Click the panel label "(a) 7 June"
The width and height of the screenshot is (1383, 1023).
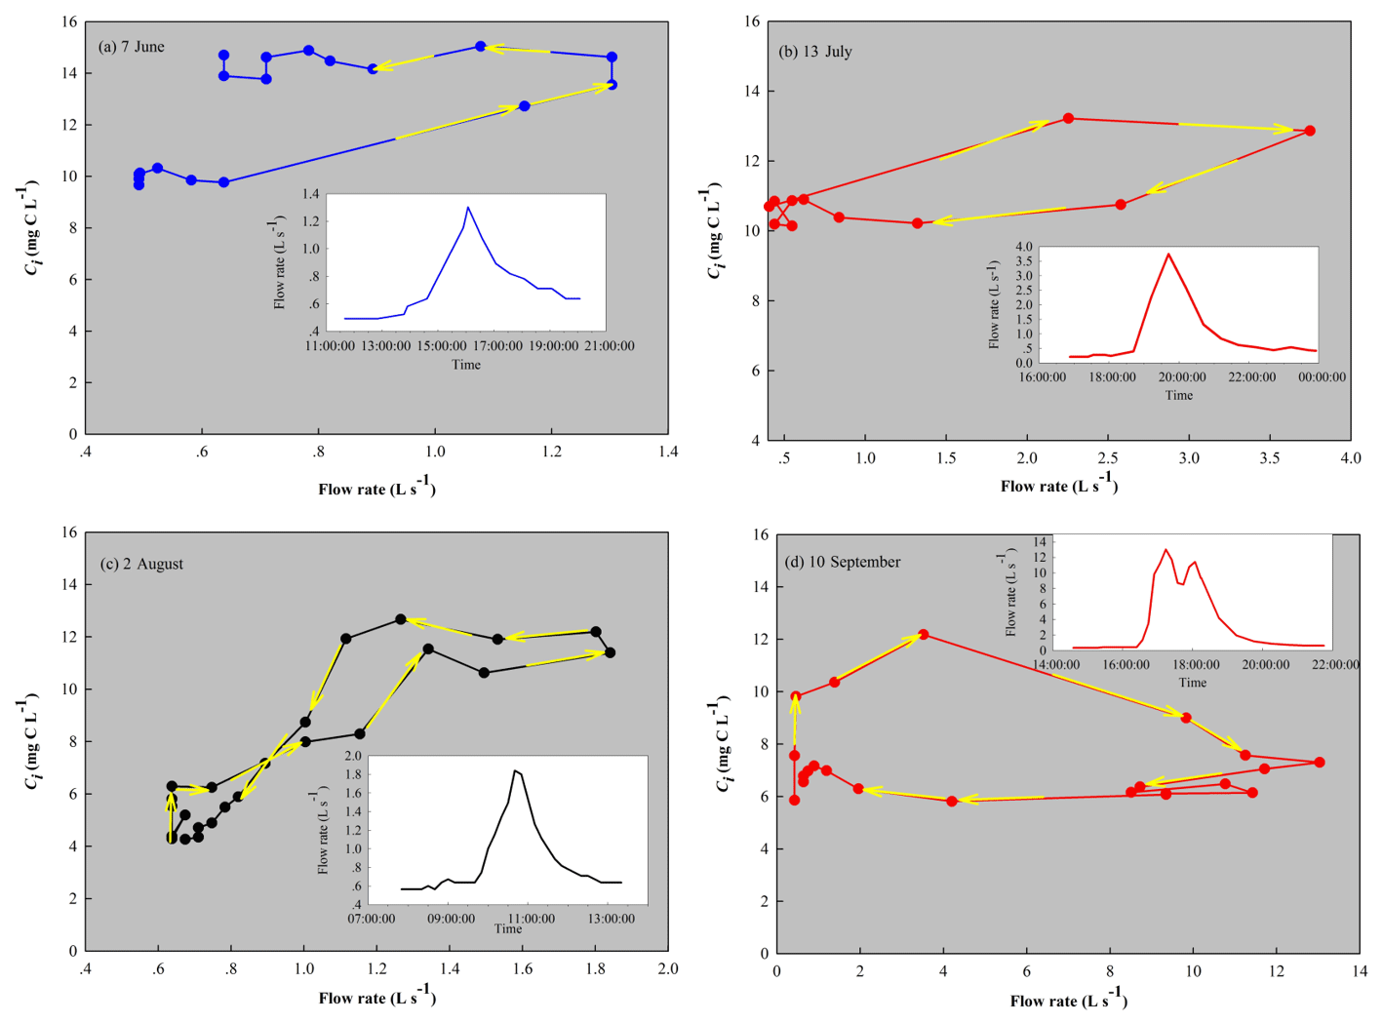click(x=132, y=47)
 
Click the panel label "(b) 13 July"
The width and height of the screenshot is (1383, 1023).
click(x=815, y=52)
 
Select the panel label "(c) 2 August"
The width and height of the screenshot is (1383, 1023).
click(x=141, y=564)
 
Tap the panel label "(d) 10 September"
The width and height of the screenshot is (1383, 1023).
click(x=843, y=562)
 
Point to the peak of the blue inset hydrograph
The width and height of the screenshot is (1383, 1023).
click(x=468, y=207)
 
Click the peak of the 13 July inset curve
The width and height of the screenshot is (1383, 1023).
click(x=1168, y=254)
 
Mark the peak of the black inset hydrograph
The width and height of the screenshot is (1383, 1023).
click(x=515, y=770)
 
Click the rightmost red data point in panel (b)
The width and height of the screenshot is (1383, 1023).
click(x=1310, y=131)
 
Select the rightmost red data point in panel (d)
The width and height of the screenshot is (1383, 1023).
click(x=1320, y=763)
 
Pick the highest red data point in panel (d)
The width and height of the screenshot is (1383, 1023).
click(x=924, y=635)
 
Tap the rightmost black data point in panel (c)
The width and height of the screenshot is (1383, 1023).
click(x=611, y=652)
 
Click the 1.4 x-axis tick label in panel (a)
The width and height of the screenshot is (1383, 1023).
click(x=668, y=452)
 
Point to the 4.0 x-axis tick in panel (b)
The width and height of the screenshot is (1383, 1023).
click(x=1350, y=458)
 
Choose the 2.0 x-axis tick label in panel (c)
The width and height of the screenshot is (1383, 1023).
click(x=668, y=968)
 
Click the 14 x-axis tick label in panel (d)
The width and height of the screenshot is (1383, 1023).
click(x=1360, y=971)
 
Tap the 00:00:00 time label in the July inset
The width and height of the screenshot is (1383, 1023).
click(x=1321, y=377)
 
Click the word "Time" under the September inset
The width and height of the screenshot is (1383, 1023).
click(x=1192, y=683)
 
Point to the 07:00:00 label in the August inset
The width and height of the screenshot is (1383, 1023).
click(x=372, y=919)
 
